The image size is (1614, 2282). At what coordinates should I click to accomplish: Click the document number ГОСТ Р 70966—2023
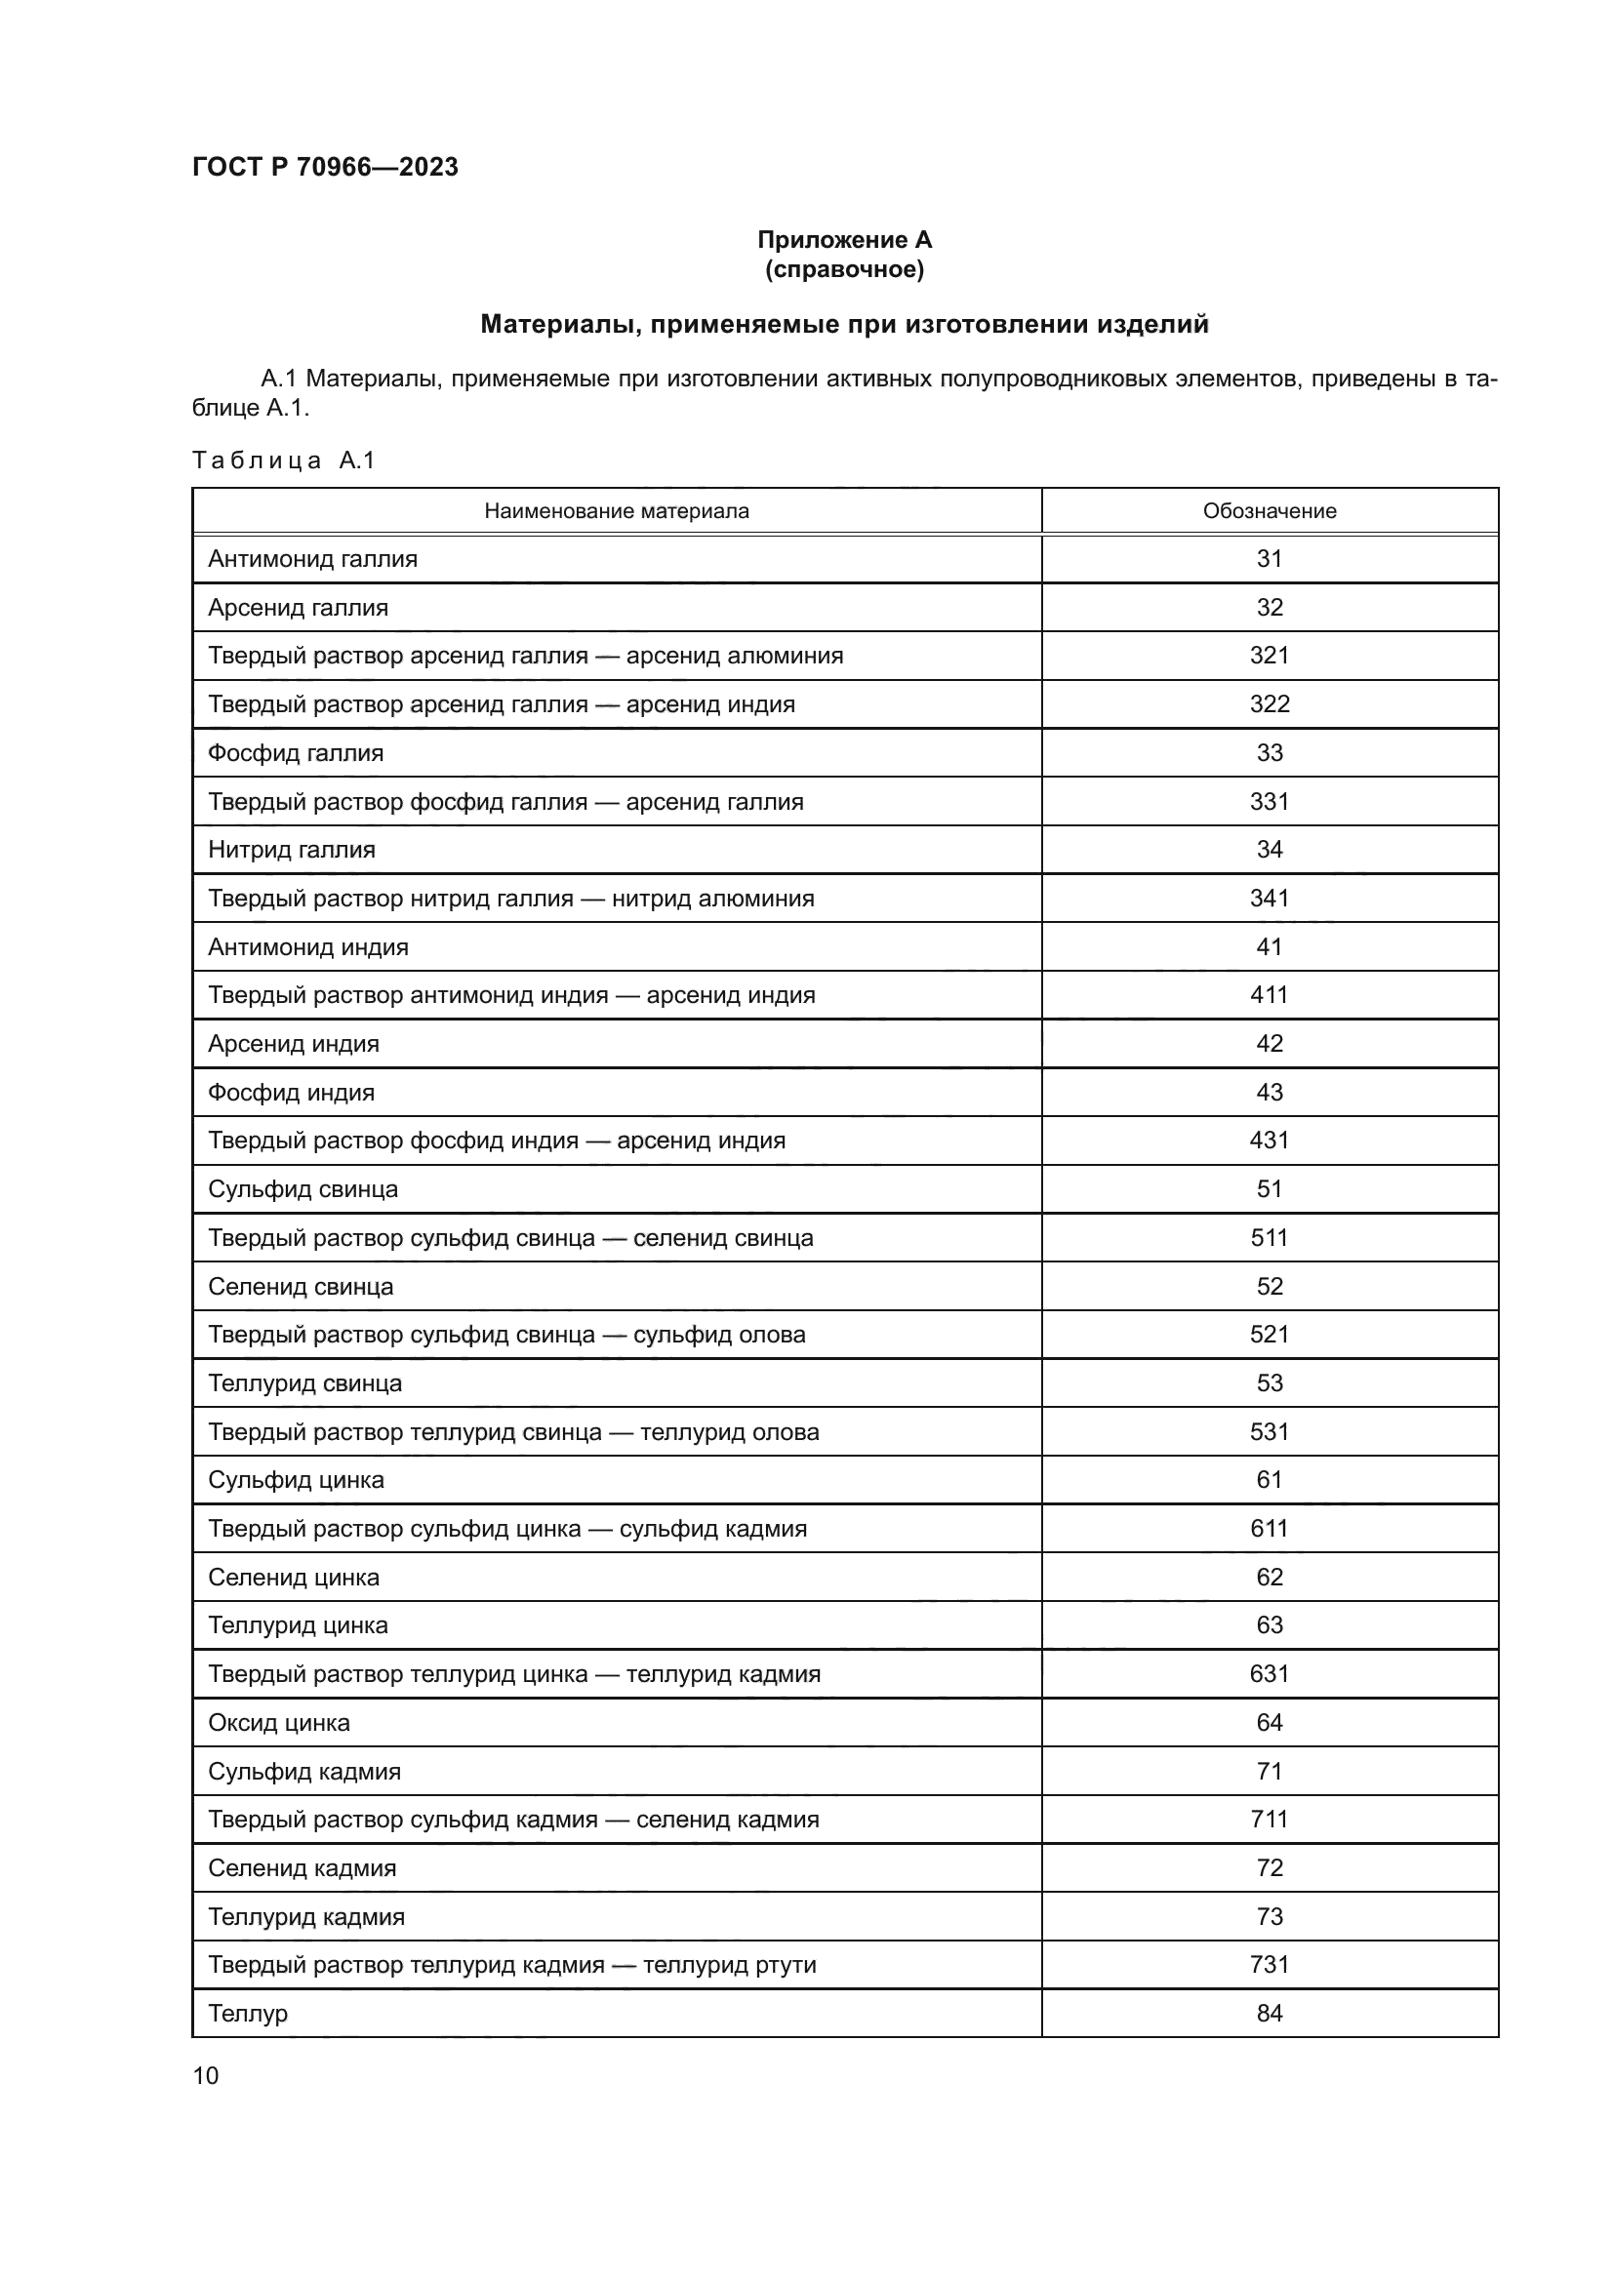325,167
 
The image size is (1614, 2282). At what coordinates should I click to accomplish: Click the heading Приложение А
845,240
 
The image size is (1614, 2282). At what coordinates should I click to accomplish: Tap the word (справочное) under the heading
845,269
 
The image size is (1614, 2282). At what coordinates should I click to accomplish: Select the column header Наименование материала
616,511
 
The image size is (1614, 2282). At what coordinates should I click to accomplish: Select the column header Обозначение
1270,511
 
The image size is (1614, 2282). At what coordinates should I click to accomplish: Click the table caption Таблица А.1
283,460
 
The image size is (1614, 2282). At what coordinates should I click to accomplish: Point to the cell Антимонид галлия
313,559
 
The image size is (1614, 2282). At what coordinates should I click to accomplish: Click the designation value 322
1270,704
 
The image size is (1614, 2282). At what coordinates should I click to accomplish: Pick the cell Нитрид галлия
292,850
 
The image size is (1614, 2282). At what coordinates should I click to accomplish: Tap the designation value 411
1270,995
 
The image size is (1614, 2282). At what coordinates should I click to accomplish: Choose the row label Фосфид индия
291,1093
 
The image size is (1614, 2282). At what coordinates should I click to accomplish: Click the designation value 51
1270,1189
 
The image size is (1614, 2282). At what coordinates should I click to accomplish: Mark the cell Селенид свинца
302,1286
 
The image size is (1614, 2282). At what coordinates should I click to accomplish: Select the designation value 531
1270,1432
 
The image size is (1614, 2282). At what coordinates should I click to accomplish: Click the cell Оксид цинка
279,1722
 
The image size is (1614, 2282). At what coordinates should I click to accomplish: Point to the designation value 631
1270,1674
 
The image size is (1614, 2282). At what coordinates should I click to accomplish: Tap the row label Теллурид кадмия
307,1916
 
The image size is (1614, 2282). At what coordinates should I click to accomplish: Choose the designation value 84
1270,2013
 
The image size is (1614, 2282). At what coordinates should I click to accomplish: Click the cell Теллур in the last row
249,2013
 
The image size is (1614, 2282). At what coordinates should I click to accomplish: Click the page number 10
206,2075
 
